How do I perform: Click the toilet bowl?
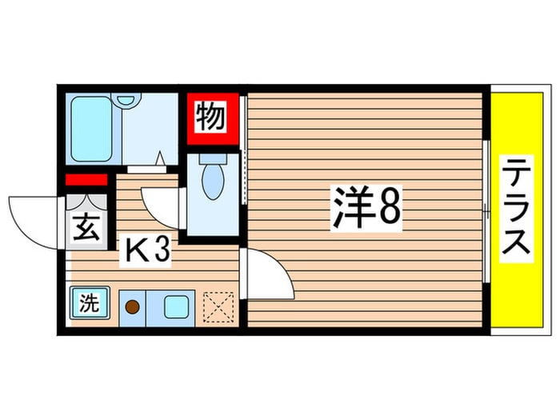(x=211, y=180)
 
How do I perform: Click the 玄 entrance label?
(x=87, y=229)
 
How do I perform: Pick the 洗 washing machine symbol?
(x=86, y=304)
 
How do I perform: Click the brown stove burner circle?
(x=134, y=306)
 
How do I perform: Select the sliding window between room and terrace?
(x=487, y=210)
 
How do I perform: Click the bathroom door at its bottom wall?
(x=146, y=169)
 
